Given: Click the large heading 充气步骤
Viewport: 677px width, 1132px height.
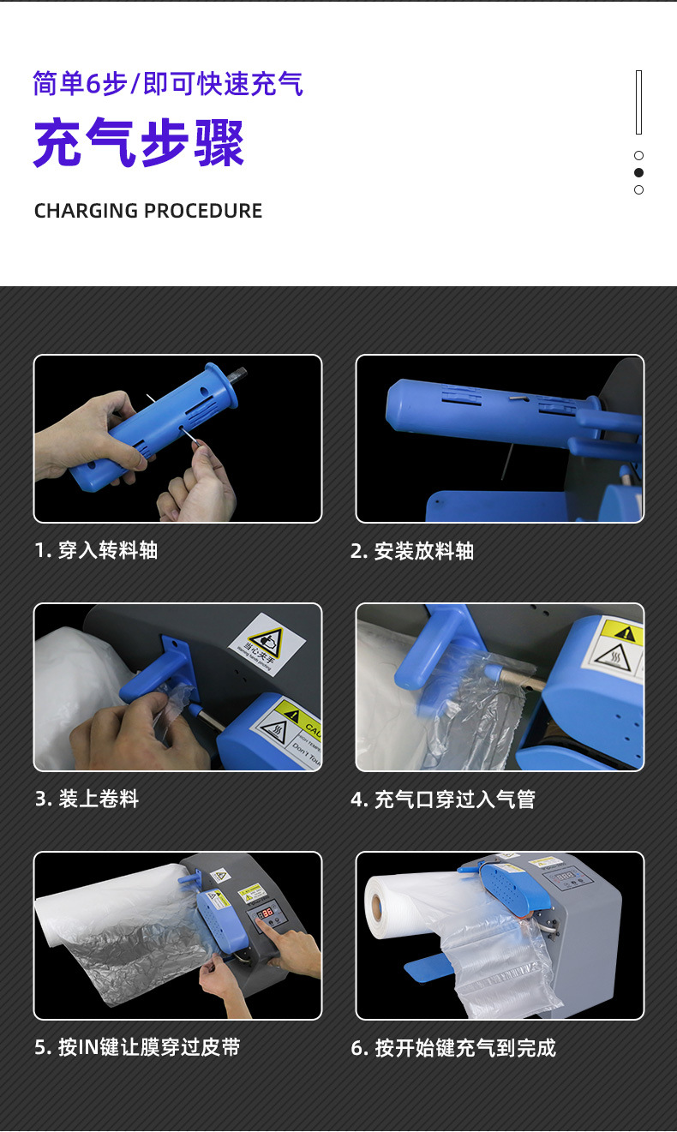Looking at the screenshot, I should point(139,143).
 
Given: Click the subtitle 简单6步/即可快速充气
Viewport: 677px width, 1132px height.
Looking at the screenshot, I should point(168,84).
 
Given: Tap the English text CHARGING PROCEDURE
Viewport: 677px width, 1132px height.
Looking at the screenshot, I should point(148,211).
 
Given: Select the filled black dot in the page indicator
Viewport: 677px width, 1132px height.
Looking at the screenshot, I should point(638,173).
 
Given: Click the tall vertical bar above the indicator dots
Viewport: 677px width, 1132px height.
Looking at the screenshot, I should point(638,103).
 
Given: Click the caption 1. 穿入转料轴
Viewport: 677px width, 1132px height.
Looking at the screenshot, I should point(96,550).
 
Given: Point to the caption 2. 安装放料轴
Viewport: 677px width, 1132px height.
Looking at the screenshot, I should point(412,550).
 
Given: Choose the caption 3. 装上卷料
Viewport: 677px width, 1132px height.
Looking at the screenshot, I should point(87,799).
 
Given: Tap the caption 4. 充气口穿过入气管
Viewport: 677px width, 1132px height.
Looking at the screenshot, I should point(443,799).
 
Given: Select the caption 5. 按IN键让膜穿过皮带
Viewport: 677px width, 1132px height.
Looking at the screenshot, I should point(137,1047).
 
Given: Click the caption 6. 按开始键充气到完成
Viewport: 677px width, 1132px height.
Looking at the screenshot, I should point(453,1047).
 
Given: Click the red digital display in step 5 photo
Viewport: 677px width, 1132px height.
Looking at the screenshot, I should point(266,913).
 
